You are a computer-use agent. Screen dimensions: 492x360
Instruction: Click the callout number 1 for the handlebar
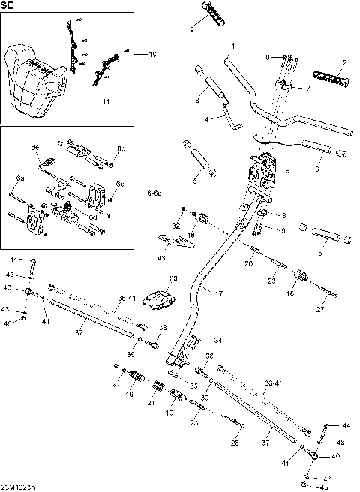point(232,46)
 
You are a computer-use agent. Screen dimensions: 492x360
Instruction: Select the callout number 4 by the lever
point(207,119)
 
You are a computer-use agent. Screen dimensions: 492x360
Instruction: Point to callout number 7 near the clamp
point(307,88)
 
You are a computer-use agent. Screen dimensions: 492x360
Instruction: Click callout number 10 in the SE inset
point(152,54)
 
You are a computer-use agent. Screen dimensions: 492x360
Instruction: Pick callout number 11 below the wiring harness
point(106,100)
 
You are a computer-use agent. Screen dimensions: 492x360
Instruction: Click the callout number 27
point(320,309)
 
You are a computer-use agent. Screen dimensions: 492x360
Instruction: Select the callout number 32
point(177,225)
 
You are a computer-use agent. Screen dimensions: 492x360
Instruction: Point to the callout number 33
point(173,279)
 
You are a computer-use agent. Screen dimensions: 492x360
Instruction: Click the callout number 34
point(218,340)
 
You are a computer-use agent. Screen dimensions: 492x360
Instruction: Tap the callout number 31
point(116,386)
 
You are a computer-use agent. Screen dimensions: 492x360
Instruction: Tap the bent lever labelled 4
point(229,115)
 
